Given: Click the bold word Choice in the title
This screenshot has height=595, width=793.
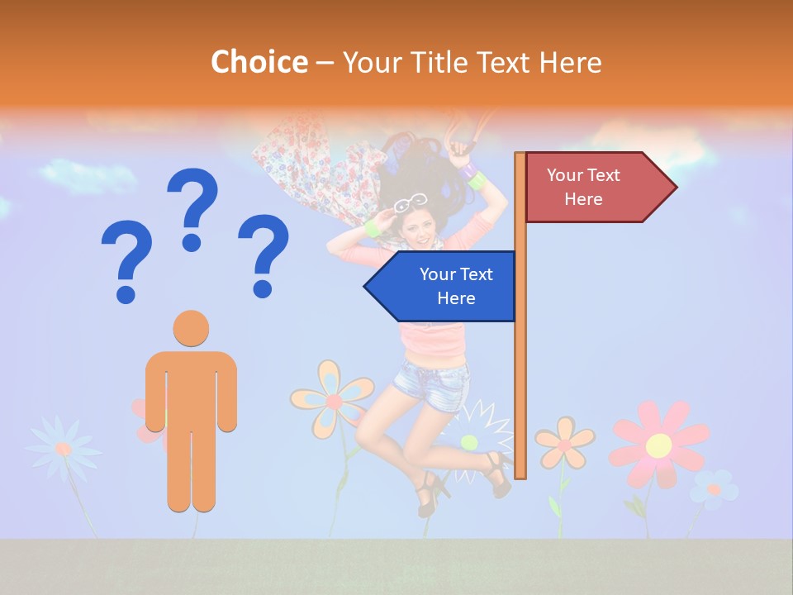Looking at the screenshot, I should pos(259,63).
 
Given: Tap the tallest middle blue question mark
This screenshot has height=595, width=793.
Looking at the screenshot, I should pos(192,207).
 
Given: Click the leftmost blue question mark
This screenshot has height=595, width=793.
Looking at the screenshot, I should pos(126,261).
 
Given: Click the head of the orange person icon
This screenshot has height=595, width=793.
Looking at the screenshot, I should pos(191,328).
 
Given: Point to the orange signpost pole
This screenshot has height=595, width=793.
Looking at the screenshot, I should pos(520,347).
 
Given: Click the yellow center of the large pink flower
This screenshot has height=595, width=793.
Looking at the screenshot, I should pos(658,445).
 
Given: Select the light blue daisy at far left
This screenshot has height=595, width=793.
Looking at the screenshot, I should pos(63,448).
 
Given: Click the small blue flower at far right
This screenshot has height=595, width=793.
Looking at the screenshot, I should pos(715,488).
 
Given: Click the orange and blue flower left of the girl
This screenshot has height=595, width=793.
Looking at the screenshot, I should pos(332,400).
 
